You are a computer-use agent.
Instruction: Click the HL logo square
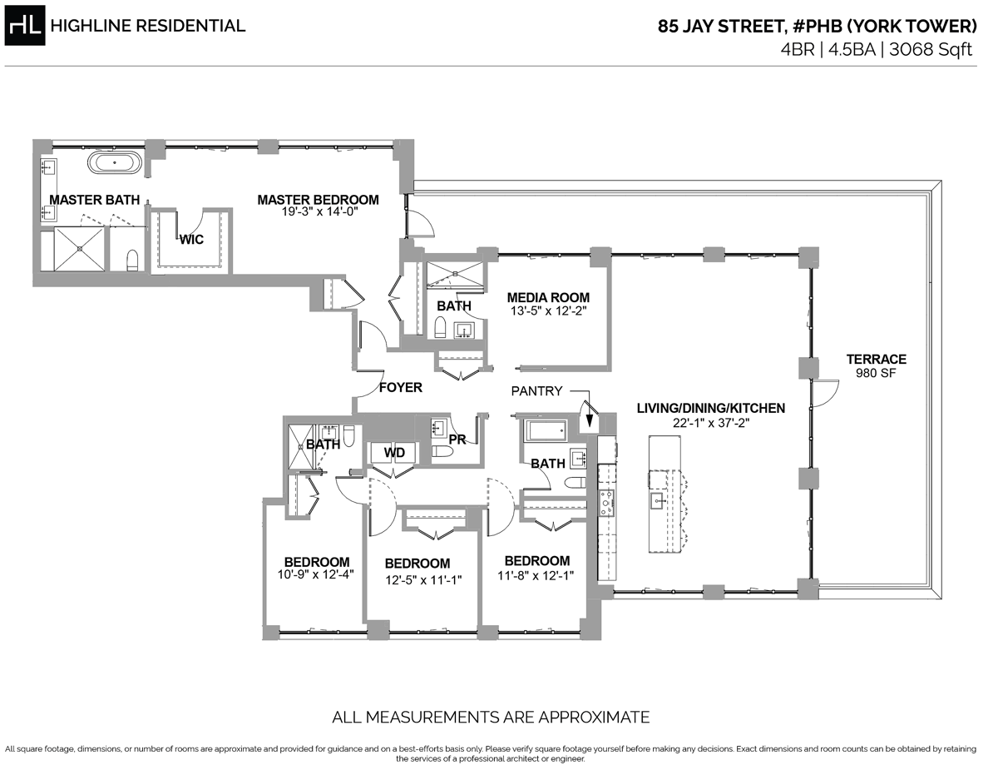pyautogui.click(x=26, y=27)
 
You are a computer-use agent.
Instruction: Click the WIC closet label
pyautogui.click(x=194, y=239)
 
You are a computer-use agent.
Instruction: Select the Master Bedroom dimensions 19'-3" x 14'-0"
pyautogui.click(x=318, y=212)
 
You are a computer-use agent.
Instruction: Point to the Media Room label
pyautogui.click(x=548, y=297)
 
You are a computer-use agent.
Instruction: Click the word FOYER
pyautogui.click(x=400, y=387)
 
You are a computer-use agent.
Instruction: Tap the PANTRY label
pyautogui.click(x=536, y=390)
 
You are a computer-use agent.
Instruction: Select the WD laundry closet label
pyautogui.click(x=394, y=452)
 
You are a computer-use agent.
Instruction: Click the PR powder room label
pyautogui.click(x=457, y=440)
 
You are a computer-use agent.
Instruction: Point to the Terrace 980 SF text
pyautogui.click(x=876, y=366)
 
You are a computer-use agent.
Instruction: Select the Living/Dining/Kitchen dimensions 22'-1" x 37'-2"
pyautogui.click(x=710, y=422)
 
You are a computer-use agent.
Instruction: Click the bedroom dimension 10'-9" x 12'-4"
pyautogui.click(x=316, y=575)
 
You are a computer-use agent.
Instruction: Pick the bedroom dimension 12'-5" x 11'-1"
pyautogui.click(x=417, y=578)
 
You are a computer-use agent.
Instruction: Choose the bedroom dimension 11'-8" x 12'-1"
pyautogui.click(x=536, y=575)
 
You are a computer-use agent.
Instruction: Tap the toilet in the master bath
pyautogui.click(x=131, y=261)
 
